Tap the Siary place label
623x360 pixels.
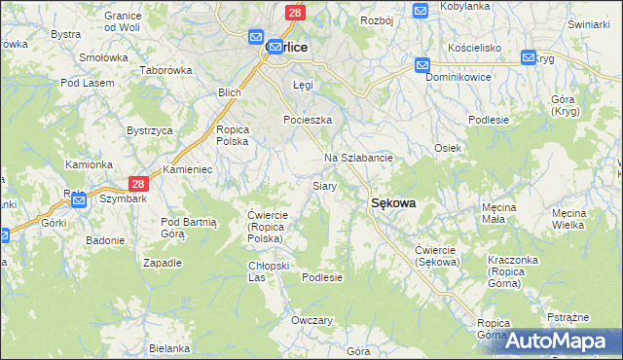(324, 185)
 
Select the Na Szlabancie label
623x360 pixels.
(358, 158)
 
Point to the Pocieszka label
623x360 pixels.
(308, 120)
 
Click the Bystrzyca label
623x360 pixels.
(150, 130)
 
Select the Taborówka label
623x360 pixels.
(166, 71)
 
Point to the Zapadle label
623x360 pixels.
(163, 263)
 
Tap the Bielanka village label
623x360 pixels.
(169, 347)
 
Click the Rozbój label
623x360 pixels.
(376, 20)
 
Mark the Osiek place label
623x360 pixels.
(447, 148)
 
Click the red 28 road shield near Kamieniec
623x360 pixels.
(138, 183)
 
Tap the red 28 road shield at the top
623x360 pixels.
(295, 12)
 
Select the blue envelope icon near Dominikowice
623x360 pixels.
(422, 65)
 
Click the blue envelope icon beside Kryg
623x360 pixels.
(529, 57)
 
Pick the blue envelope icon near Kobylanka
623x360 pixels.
(421, 11)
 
